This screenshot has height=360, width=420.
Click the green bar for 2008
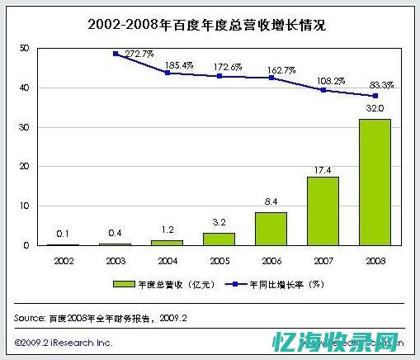(375, 182)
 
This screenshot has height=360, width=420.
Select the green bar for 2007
(323, 211)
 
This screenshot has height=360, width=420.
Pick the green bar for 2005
(219, 239)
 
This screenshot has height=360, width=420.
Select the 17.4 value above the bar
(323, 169)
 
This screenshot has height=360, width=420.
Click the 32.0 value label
(375, 107)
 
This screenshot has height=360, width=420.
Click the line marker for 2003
(115, 54)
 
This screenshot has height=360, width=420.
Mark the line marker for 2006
(271, 78)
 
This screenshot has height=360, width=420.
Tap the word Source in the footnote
(30, 317)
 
